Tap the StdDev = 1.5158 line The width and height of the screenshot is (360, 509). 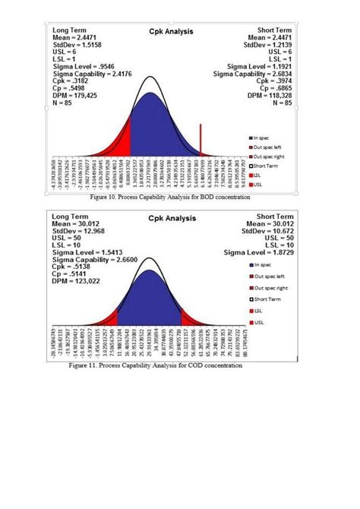[x=74, y=45]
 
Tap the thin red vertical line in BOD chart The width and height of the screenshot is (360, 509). [x=201, y=141]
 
